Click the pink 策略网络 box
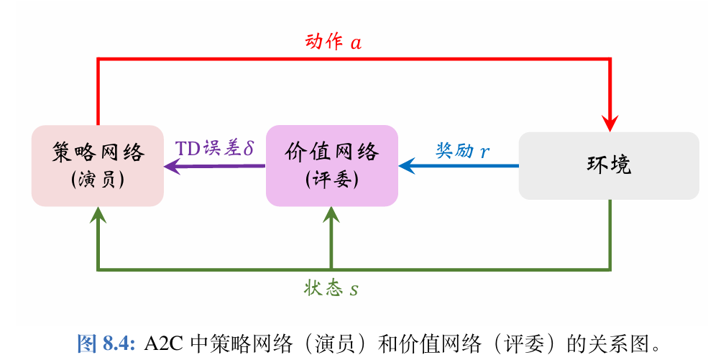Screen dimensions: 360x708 pos(98,165)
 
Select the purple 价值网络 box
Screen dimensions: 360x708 pos(331,165)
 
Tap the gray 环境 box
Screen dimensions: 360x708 pos(609,165)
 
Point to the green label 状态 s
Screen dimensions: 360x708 pos(331,289)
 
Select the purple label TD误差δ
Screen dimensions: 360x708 pos(215,149)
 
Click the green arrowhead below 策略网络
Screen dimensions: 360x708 pos(98,214)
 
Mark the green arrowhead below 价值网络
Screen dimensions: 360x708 pos(331,214)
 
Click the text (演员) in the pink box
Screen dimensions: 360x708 pos(98,180)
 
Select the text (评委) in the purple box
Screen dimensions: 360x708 pos(331,180)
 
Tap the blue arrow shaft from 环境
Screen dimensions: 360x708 pos(467,166)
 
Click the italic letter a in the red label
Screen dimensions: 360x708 pos(356,43)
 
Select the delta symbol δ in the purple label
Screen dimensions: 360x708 pos(249,149)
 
